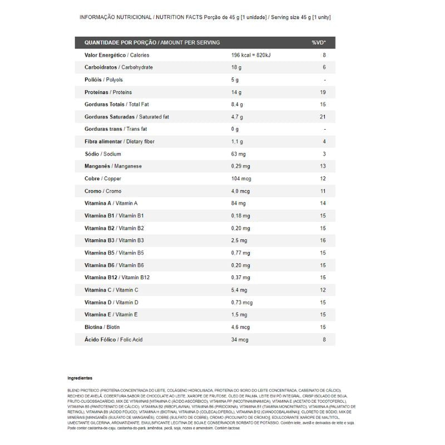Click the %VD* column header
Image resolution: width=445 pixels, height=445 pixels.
tap(319, 42)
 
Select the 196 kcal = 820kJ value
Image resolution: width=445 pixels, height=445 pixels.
tap(250, 55)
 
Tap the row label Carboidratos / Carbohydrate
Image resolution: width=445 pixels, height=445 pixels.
tap(118, 67)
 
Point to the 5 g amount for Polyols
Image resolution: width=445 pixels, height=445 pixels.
tap(235, 80)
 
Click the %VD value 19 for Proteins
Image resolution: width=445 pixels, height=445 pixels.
tap(323, 92)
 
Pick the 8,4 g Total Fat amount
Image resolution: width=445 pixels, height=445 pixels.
tap(238, 105)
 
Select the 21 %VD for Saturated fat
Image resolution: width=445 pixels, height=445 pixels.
tap(323, 117)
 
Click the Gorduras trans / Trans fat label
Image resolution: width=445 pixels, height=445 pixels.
tap(116, 129)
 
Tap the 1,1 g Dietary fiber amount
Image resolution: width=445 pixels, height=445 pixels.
tap(238, 142)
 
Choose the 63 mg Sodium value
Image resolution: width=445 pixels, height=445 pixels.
tap(239, 154)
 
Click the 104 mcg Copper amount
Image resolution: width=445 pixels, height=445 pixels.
tap(241, 179)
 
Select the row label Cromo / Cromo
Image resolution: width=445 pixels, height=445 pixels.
tap(103, 191)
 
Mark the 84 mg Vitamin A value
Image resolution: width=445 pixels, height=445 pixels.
tap(239, 204)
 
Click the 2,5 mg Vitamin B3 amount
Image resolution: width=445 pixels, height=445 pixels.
tap(239, 240)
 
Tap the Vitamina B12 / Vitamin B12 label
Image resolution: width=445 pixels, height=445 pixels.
tap(117, 278)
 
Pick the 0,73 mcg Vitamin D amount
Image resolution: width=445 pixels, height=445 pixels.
tap(242, 303)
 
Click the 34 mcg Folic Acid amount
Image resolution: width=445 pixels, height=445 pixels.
tap(240, 339)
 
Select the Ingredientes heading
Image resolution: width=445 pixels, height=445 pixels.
tap(80, 378)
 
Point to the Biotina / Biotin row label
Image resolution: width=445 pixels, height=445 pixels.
tap(102, 327)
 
